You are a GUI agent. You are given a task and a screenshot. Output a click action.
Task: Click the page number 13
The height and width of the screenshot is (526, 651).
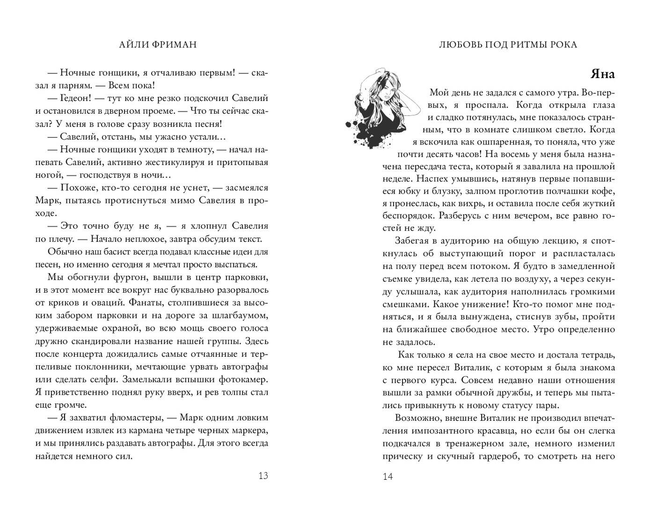263,476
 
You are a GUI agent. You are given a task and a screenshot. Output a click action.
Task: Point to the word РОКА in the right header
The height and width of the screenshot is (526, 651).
564,44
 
